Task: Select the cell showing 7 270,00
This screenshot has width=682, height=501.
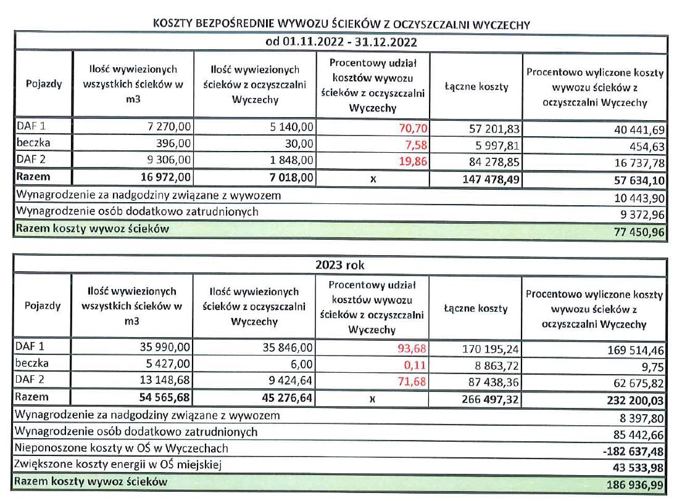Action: point(168,128)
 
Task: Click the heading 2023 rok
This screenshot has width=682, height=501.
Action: point(341,266)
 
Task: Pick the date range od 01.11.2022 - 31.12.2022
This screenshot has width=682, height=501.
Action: point(341,43)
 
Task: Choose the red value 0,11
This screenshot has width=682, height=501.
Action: point(417,364)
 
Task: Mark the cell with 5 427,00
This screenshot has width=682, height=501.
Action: point(170,364)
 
